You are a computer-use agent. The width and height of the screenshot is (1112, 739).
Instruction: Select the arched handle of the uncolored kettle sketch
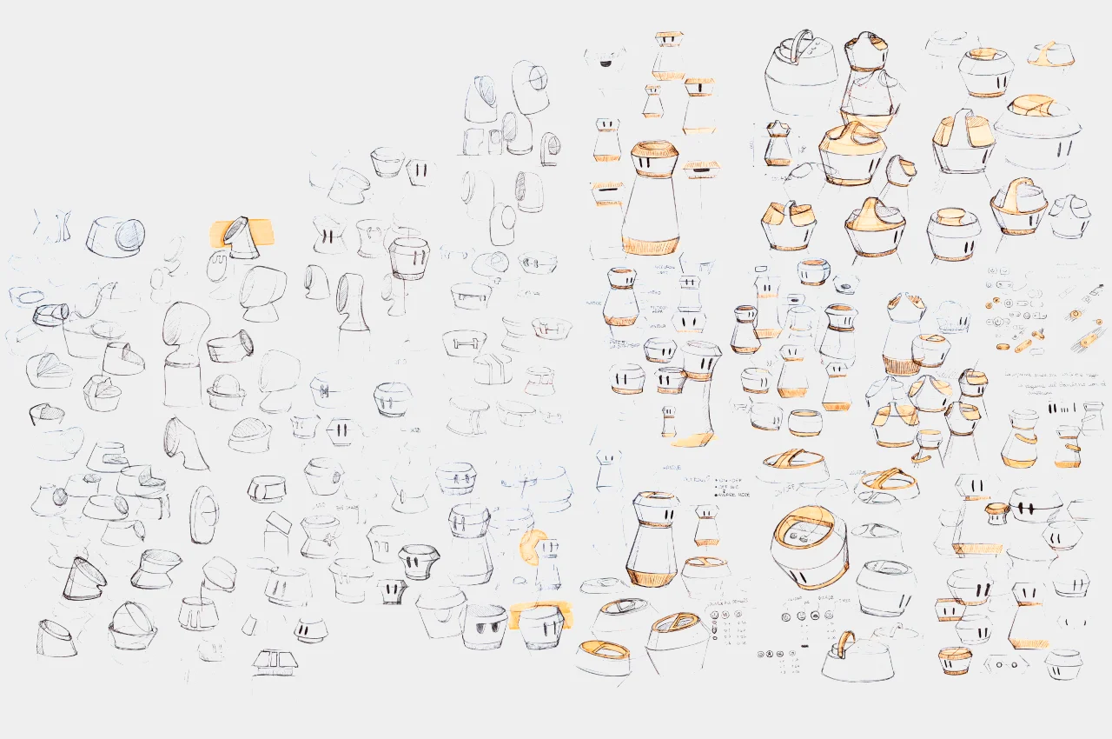tap(799, 43)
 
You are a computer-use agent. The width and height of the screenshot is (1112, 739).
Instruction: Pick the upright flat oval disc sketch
tap(205, 514)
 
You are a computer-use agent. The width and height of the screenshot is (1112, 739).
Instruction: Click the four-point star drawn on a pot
tap(323, 391)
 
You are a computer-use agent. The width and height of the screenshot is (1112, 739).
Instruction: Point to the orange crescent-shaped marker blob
tap(531, 546)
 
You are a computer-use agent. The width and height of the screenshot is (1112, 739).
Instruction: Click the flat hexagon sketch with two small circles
tap(1007, 662)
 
